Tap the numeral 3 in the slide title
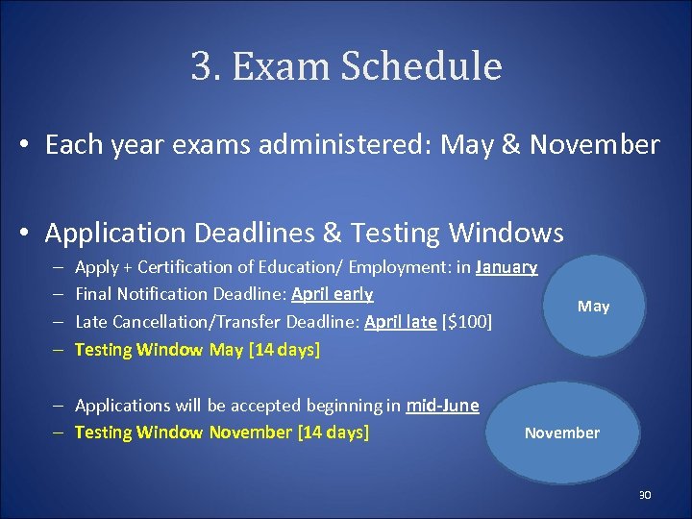[x=202, y=67]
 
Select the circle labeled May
[x=593, y=306]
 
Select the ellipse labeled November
[x=562, y=432]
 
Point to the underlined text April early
[x=333, y=294]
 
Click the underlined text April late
[x=401, y=322]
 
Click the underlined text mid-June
[x=442, y=405]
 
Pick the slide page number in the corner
[x=645, y=495]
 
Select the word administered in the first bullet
[x=334, y=145]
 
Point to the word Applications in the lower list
[x=120, y=405]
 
